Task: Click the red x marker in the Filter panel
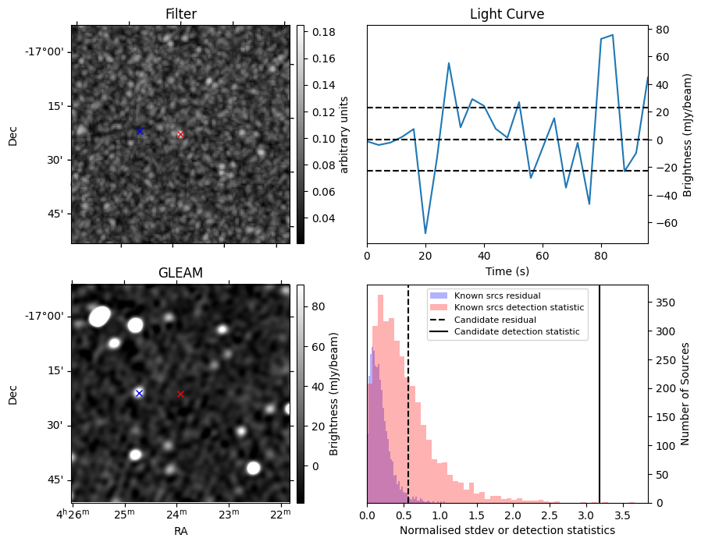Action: (180, 135)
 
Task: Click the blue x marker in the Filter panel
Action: (140, 131)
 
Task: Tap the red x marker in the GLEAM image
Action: (180, 394)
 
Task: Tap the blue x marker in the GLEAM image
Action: (139, 393)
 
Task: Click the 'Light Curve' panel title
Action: (507, 15)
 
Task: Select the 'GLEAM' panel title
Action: (180, 273)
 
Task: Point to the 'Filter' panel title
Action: (180, 15)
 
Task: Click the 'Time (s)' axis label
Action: (507, 271)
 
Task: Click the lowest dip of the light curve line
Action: (425, 233)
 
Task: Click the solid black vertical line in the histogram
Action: (600, 390)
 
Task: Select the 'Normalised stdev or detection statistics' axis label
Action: (507, 530)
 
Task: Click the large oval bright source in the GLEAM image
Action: (100, 316)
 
